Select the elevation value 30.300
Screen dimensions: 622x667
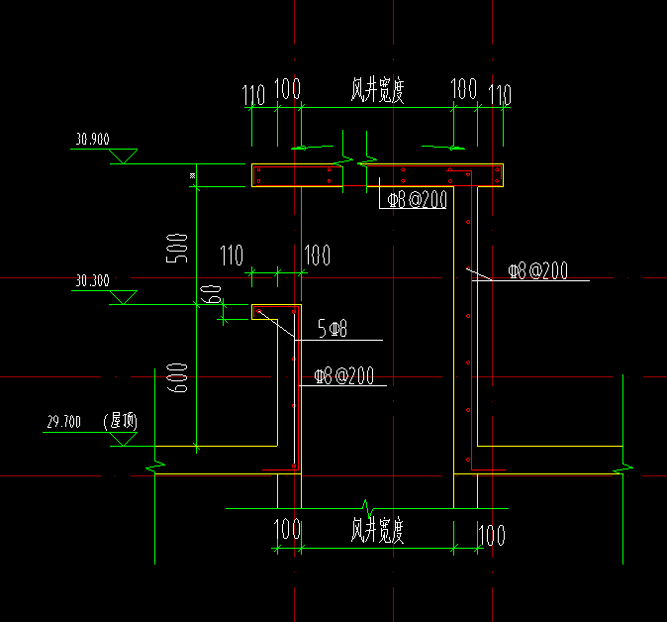click(x=91, y=281)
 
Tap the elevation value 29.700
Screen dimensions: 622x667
click(x=63, y=423)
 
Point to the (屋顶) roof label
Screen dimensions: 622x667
click(x=121, y=421)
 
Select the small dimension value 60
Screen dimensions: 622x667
click(x=211, y=296)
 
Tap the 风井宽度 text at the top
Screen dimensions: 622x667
click(x=377, y=91)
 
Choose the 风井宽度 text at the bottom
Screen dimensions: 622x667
click(x=377, y=531)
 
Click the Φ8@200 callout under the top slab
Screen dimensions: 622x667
click(x=416, y=200)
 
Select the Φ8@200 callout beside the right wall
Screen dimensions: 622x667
click(x=537, y=270)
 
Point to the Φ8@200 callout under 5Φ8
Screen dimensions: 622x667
click(x=343, y=376)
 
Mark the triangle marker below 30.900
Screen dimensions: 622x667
click(x=124, y=156)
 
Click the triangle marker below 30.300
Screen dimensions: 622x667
click(x=124, y=297)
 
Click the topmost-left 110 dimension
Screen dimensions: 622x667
click(x=254, y=96)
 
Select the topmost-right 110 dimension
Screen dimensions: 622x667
click(x=500, y=96)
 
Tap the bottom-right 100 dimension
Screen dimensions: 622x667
click(x=492, y=535)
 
